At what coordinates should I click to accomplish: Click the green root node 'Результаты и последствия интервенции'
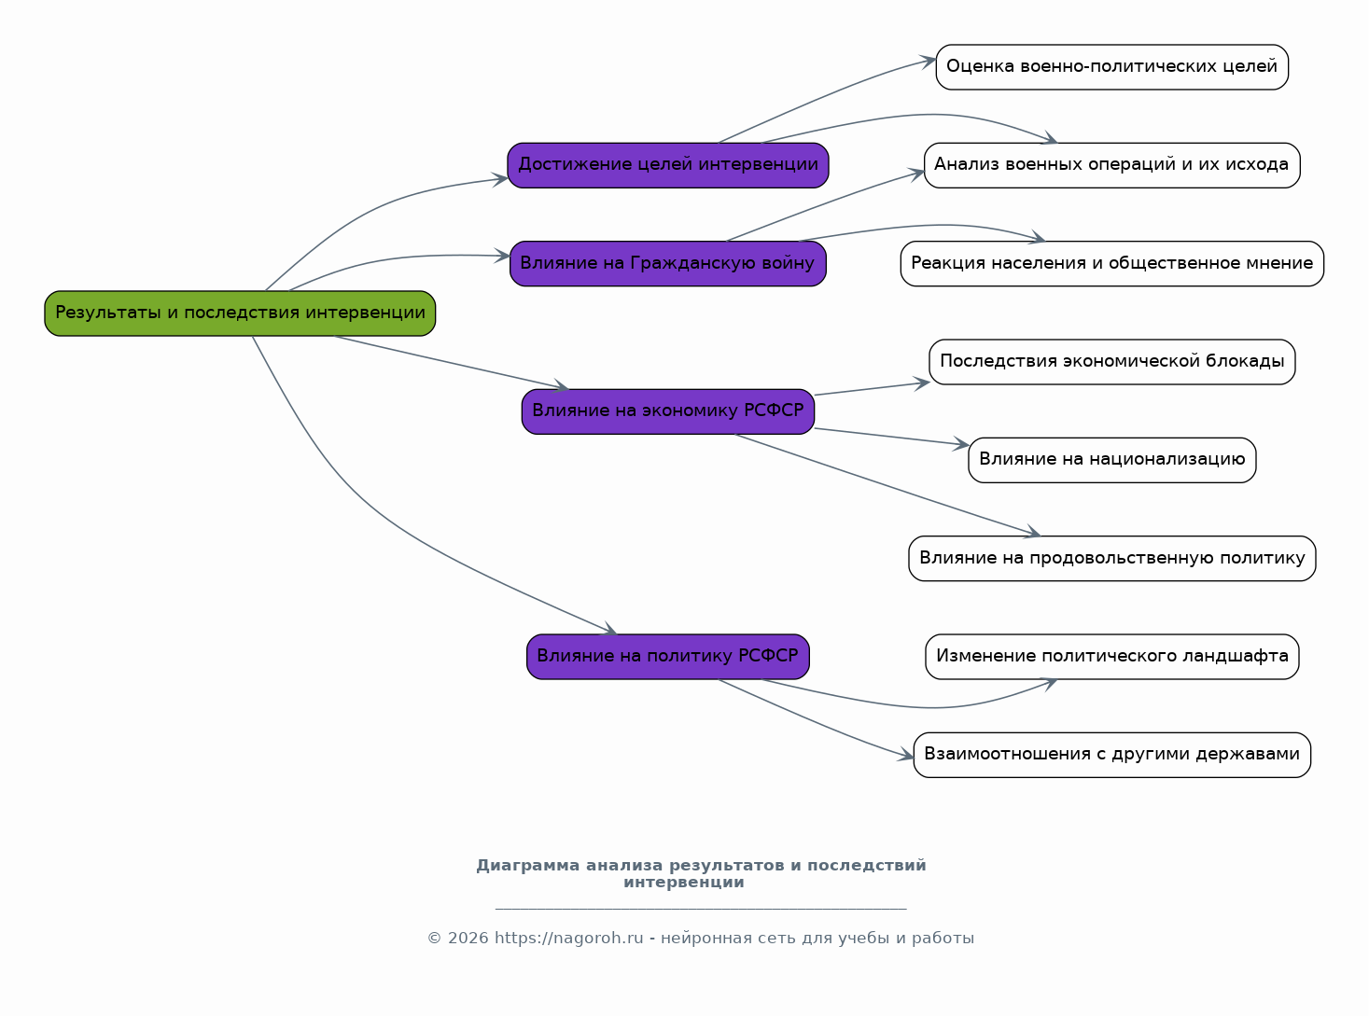(x=240, y=313)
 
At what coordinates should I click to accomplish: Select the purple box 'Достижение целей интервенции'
(x=668, y=165)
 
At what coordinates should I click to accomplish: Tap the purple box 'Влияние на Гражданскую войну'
(x=668, y=264)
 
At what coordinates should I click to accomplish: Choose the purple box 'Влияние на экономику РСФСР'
(x=668, y=411)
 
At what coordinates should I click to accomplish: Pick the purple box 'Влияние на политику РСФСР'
(x=668, y=657)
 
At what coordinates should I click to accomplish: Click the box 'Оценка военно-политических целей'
(x=1111, y=67)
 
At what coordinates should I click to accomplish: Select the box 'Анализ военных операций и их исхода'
(x=1111, y=165)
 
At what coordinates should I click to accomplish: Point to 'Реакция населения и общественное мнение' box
(x=1111, y=264)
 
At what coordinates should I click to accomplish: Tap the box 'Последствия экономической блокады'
(x=1111, y=362)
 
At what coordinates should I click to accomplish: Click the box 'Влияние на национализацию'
(x=1111, y=461)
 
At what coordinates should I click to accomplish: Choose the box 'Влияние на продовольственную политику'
(x=1111, y=559)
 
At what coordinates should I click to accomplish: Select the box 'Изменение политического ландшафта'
(x=1111, y=657)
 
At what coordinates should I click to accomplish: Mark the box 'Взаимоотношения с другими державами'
(x=1111, y=755)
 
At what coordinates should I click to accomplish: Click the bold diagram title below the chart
(x=701, y=874)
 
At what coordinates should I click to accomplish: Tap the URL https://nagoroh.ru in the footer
(x=568, y=939)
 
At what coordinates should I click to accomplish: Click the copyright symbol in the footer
(x=435, y=939)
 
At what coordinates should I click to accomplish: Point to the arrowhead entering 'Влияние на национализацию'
(x=961, y=444)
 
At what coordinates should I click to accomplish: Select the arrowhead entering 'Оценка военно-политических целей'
(x=928, y=62)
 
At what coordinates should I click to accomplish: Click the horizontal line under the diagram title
(x=701, y=910)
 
